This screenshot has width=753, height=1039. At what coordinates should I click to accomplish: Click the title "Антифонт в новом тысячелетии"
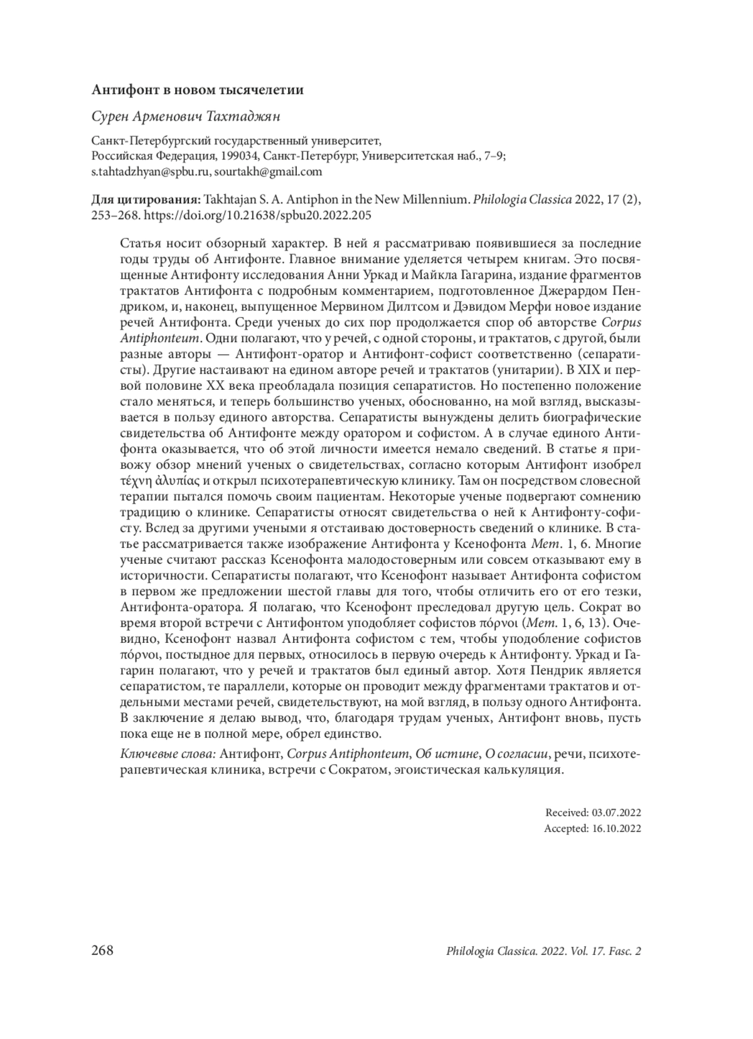[198, 90]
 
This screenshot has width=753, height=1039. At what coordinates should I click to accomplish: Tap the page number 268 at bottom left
[102, 950]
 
